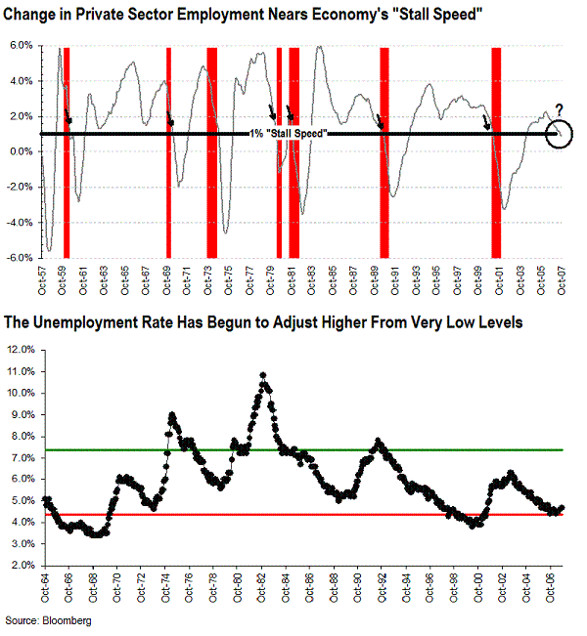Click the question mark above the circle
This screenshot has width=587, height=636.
click(559, 109)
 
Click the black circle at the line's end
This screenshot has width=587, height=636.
click(558, 134)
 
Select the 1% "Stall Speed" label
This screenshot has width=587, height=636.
click(288, 133)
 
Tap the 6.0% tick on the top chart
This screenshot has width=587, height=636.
click(22, 46)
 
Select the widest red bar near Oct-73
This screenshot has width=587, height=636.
click(211, 151)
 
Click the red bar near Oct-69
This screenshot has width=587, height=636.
click(168, 151)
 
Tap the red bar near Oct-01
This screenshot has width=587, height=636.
click(496, 151)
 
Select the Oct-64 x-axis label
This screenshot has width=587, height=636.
click(46, 585)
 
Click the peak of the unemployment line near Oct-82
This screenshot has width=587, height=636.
click(263, 374)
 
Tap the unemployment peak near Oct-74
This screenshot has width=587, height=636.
click(172, 415)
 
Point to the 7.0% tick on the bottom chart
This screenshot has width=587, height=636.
click(22, 457)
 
